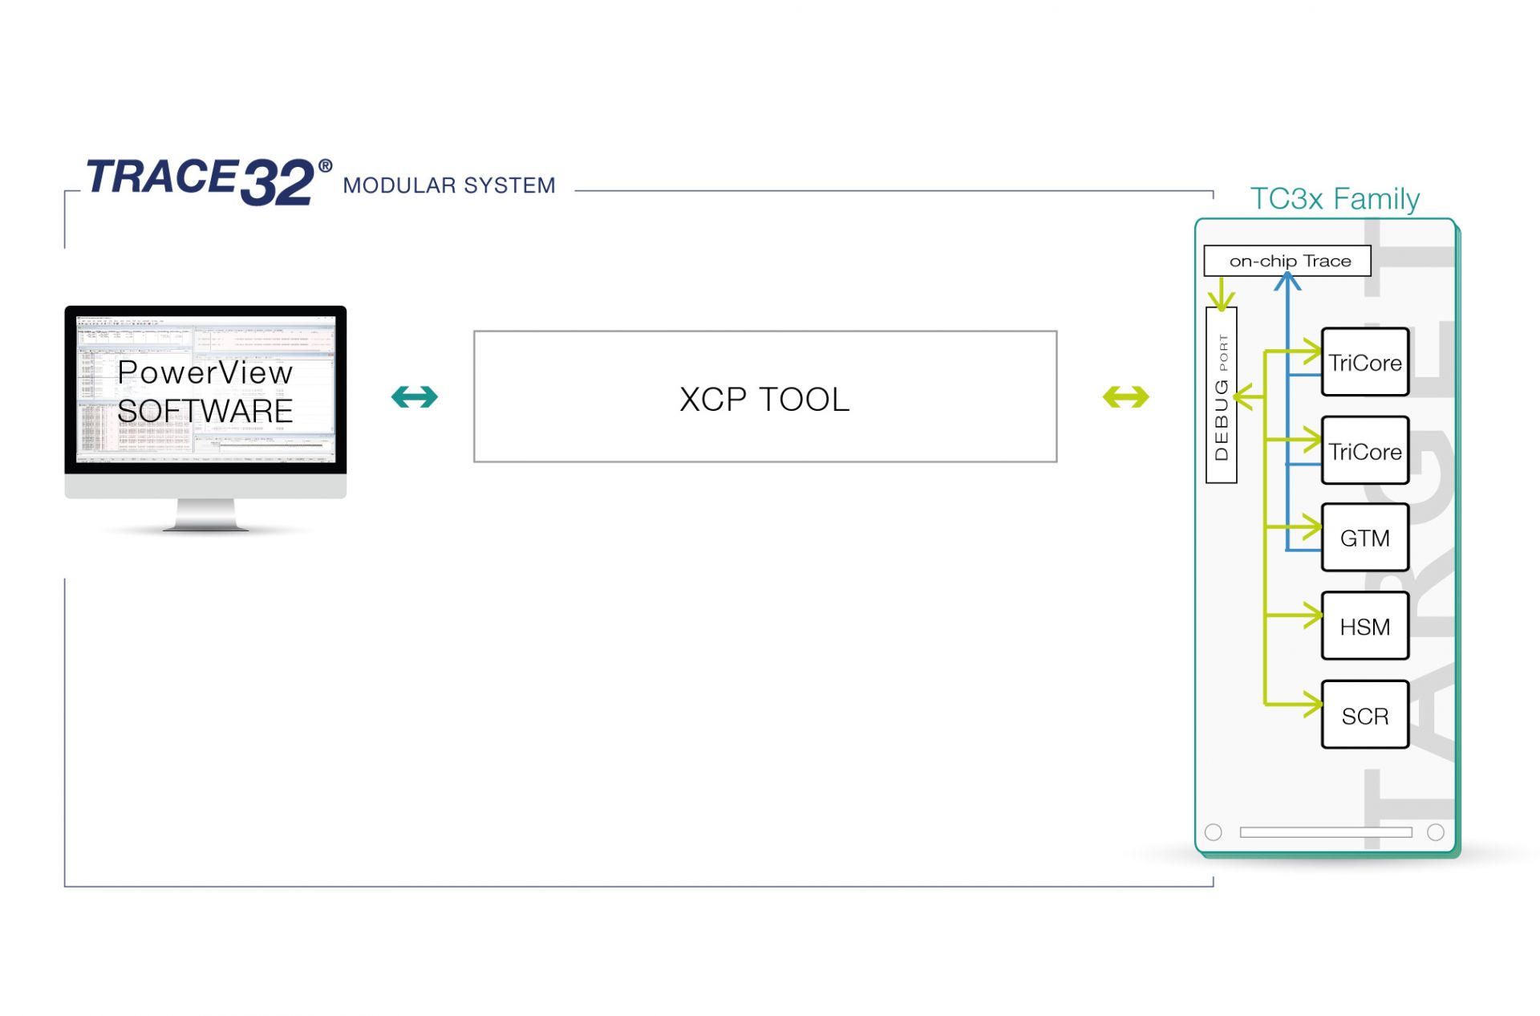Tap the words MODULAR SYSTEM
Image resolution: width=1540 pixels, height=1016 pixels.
(x=448, y=185)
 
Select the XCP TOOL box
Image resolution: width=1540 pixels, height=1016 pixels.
(x=764, y=396)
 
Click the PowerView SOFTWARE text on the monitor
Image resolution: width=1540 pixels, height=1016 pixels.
(x=205, y=392)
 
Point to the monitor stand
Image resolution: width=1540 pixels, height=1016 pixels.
(x=205, y=514)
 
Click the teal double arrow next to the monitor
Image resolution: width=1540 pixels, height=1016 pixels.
(x=414, y=396)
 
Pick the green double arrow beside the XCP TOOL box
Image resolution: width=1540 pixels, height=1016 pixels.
(x=1125, y=396)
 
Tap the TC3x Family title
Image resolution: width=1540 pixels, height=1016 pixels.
(x=1334, y=198)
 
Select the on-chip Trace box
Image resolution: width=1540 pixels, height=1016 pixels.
(x=1287, y=261)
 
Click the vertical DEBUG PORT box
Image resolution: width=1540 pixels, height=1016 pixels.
(x=1221, y=395)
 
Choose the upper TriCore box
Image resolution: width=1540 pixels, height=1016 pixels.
(x=1364, y=362)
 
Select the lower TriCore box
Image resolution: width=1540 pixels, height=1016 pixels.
(x=1364, y=451)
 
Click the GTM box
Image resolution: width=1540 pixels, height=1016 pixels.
(x=1364, y=538)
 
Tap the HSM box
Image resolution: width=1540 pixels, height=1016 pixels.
(x=1364, y=626)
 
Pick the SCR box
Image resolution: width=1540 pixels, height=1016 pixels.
(x=1364, y=715)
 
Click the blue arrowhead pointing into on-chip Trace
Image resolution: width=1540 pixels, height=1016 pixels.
(x=1287, y=282)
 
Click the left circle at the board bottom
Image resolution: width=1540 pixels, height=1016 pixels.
(x=1213, y=832)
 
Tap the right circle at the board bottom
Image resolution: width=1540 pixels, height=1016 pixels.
(x=1436, y=832)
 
